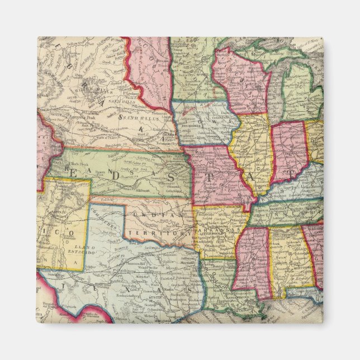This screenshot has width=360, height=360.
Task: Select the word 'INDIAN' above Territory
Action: point(160,215)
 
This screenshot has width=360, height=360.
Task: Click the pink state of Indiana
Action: point(288,151)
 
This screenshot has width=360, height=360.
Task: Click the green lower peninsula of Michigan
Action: point(302,95)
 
